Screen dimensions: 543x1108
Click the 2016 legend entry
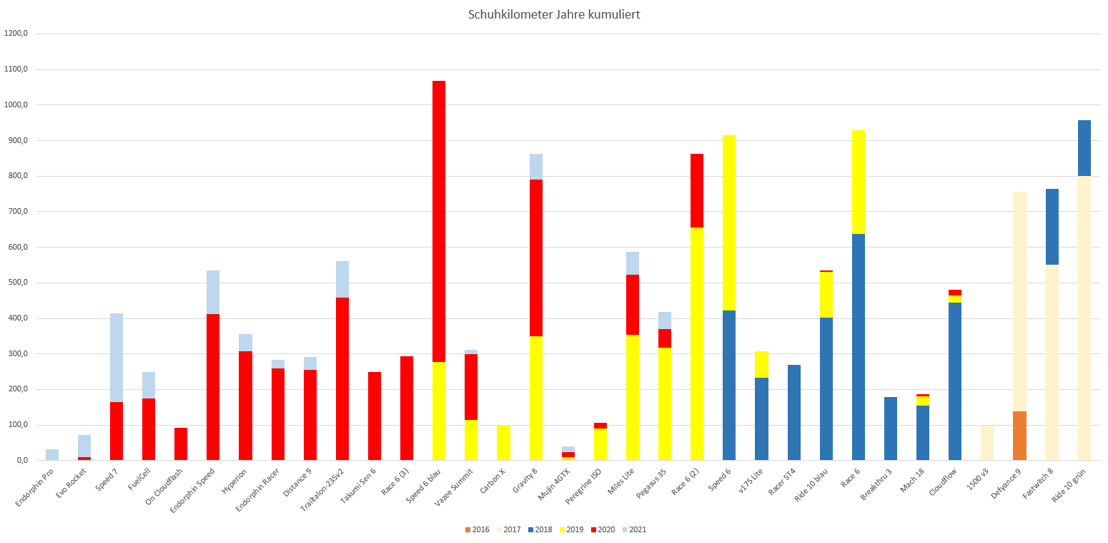[x=476, y=529]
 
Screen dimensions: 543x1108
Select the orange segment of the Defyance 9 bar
[x=1019, y=436]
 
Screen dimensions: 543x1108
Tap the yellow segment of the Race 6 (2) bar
[x=697, y=343]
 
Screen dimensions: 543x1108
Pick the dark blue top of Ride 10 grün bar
[x=1084, y=148]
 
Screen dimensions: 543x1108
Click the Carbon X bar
[x=503, y=443]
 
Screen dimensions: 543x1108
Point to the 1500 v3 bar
[x=987, y=443]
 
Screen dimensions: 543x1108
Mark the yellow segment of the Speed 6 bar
[x=729, y=222]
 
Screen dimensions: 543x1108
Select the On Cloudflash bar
[x=181, y=444]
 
